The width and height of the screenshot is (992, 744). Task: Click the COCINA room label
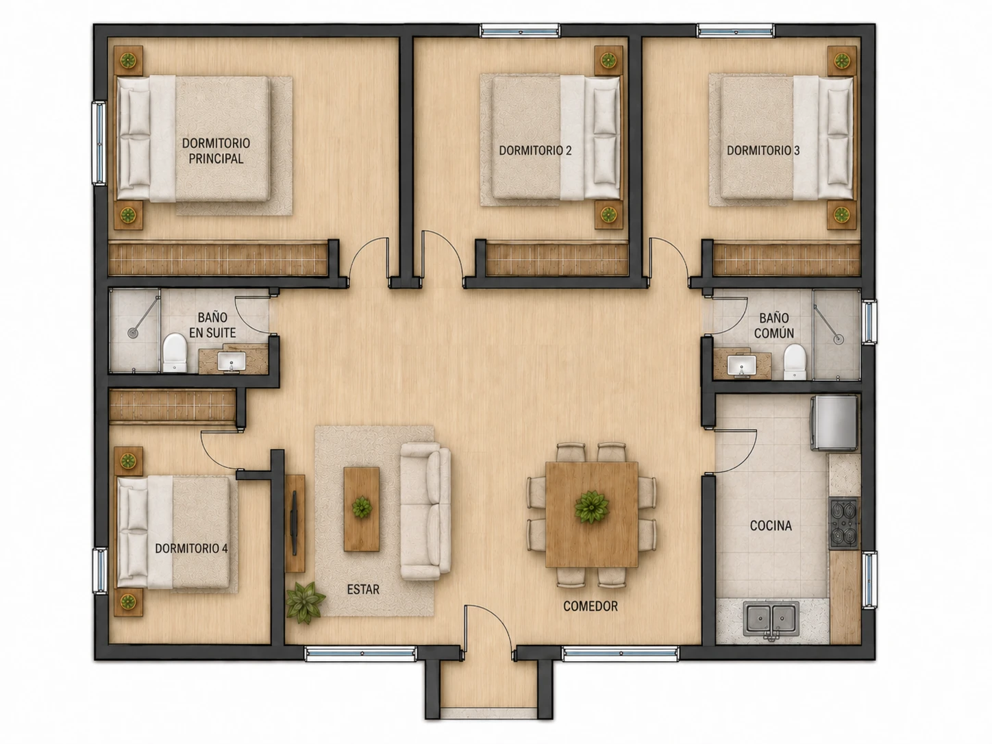coord(771,526)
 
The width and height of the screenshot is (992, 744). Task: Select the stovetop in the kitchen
coord(844,523)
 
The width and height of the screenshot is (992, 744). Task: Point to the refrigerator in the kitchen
coord(834,423)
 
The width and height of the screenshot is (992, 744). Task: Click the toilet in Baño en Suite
coord(175,352)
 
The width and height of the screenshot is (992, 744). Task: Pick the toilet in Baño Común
coord(795,362)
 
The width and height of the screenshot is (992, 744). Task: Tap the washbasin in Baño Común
coord(742,365)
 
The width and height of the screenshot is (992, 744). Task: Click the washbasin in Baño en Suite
coord(232,362)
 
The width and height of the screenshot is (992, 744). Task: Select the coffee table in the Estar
coord(361,509)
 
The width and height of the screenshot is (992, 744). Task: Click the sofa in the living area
coord(425,511)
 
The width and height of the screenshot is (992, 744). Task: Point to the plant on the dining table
coord(591,507)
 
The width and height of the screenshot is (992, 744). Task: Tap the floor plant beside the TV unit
coord(305,602)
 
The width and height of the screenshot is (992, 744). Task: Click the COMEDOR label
coord(591,606)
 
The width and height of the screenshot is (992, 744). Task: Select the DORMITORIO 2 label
coord(535,151)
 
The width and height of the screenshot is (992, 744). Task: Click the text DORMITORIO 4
coord(191,548)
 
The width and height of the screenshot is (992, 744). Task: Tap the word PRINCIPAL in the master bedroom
coord(216,158)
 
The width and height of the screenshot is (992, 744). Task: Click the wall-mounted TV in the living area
coord(294,523)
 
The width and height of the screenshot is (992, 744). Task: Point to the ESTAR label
coord(363,589)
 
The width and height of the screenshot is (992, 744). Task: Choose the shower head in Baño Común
coord(839,339)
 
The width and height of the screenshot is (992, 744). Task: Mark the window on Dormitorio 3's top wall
coord(735,31)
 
